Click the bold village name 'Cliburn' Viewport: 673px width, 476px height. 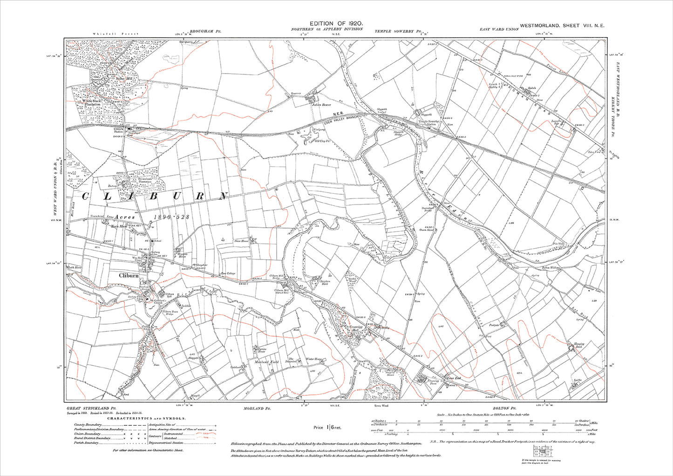129,275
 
